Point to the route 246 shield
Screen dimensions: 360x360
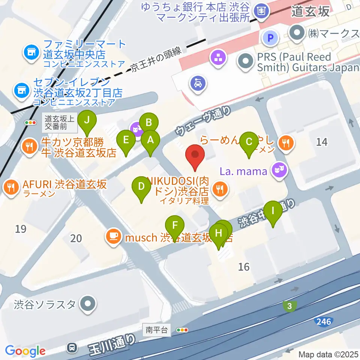[323, 321]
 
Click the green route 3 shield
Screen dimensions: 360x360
[289, 306]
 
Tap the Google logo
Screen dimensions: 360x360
[25, 351]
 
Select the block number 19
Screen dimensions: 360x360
[21, 229]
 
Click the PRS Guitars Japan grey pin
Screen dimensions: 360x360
[246, 62]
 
